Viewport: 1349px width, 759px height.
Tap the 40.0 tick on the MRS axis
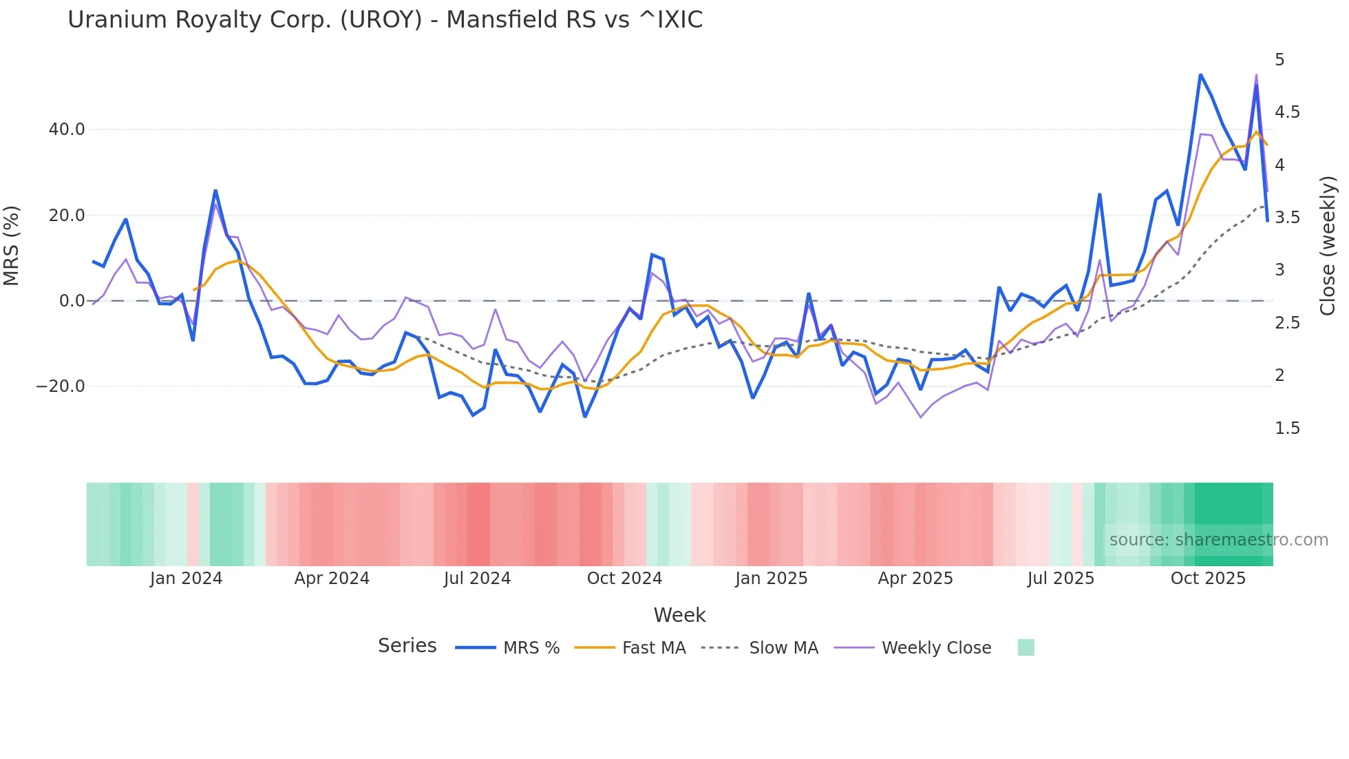(67, 129)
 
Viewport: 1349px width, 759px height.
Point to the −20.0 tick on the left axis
(61, 386)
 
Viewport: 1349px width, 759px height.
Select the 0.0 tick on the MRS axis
(72, 301)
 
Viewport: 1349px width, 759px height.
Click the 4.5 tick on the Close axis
(1286, 112)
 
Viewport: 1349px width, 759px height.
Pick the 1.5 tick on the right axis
(1286, 428)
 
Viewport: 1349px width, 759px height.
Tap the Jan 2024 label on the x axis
(186, 579)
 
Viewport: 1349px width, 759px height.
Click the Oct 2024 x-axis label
(624, 579)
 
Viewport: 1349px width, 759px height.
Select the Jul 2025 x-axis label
(1061, 579)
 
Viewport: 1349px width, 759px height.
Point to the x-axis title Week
(679, 615)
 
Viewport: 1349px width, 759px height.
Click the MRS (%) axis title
(12, 246)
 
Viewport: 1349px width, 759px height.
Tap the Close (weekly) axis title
(1328, 246)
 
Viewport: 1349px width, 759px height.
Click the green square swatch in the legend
(1026, 647)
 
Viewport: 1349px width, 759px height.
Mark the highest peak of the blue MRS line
(1200, 74)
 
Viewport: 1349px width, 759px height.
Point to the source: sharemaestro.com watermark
(1218, 540)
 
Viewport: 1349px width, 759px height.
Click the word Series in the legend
(407, 646)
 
